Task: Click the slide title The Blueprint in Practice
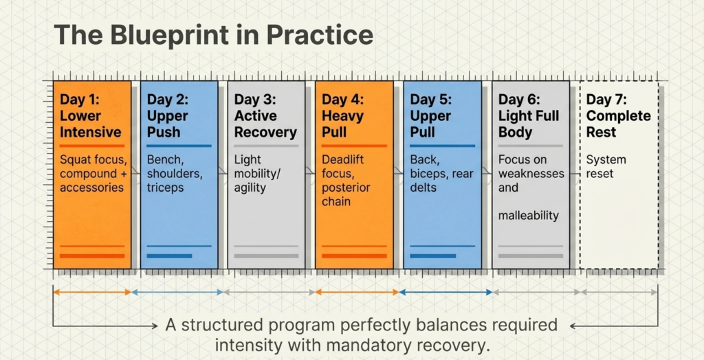(x=214, y=34)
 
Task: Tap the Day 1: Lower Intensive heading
(x=91, y=116)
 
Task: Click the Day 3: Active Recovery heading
(x=265, y=116)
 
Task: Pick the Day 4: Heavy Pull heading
(x=344, y=116)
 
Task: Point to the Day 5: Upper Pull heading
(x=432, y=116)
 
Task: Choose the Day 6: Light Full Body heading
(x=529, y=116)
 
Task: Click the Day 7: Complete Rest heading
(x=618, y=116)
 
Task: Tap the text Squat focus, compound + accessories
(x=93, y=174)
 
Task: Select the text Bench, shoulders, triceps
(x=175, y=174)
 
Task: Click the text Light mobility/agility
(x=258, y=174)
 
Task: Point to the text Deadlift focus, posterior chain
(x=347, y=181)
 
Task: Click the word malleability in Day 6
(x=529, y=216)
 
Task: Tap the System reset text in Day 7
(x=606, y=167)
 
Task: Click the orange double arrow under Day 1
(x=92, y=292)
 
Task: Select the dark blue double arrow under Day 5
(x=445, y=292)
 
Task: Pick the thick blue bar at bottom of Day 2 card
(x=170, y=256)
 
